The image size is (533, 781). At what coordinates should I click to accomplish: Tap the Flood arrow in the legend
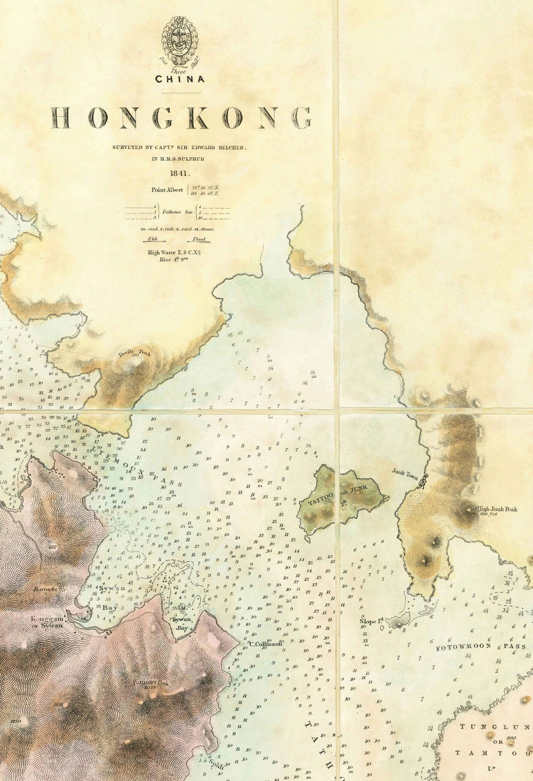(200, 240)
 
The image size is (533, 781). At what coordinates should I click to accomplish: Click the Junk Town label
(405, 472)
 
